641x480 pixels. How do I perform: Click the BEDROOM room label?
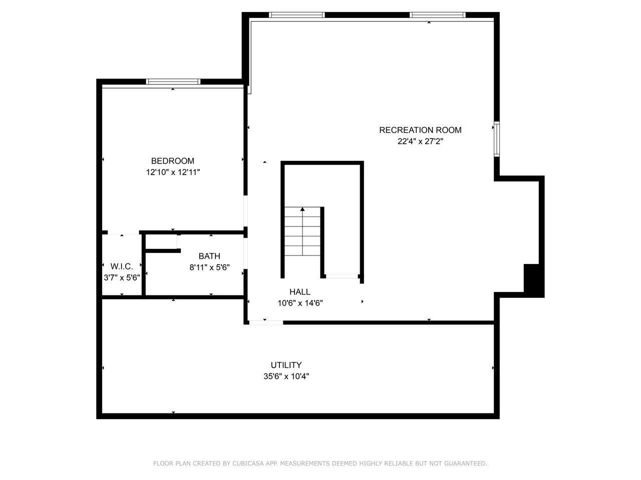pyautogui.click(x=172, y=161)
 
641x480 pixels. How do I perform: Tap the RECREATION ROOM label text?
pyautogui.click(x=420, y=130)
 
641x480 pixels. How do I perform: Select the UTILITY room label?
pyautogui.click(x=286, y=365)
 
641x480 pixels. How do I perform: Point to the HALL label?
pyautogui.click(x=299, y=291)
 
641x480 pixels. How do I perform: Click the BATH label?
pyautogui.click(x=209, y=256)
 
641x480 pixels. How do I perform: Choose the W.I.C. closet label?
pyautogui.click(x=122, y=266)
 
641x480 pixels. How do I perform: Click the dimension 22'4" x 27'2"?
pyautogui.click(x=420, y=141)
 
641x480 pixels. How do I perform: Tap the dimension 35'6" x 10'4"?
pyautogui.click(x=286, y=376)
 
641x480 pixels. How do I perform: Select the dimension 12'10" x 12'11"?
pyautogui.click(x=173, y=172)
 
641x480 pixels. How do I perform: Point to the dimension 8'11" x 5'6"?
pyautogui.click(x=209, y=267)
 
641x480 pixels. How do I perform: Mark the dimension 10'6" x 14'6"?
pyautogui.click(x=300, y=303)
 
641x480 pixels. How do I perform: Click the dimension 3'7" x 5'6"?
pyautogui.click(x=122, y=277)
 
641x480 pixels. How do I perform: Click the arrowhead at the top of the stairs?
pyautogui.click(x=302, y=209)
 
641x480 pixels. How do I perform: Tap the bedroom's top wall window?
pyautogui.click(x=173, y=81)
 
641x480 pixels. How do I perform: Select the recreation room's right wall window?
pyautogui.click(x=496, y=138)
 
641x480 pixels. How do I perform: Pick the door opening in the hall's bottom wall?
pyautogui.click(x=266, y=322)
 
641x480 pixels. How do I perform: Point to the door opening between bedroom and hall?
pyautogui.click(x=245, y=211)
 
